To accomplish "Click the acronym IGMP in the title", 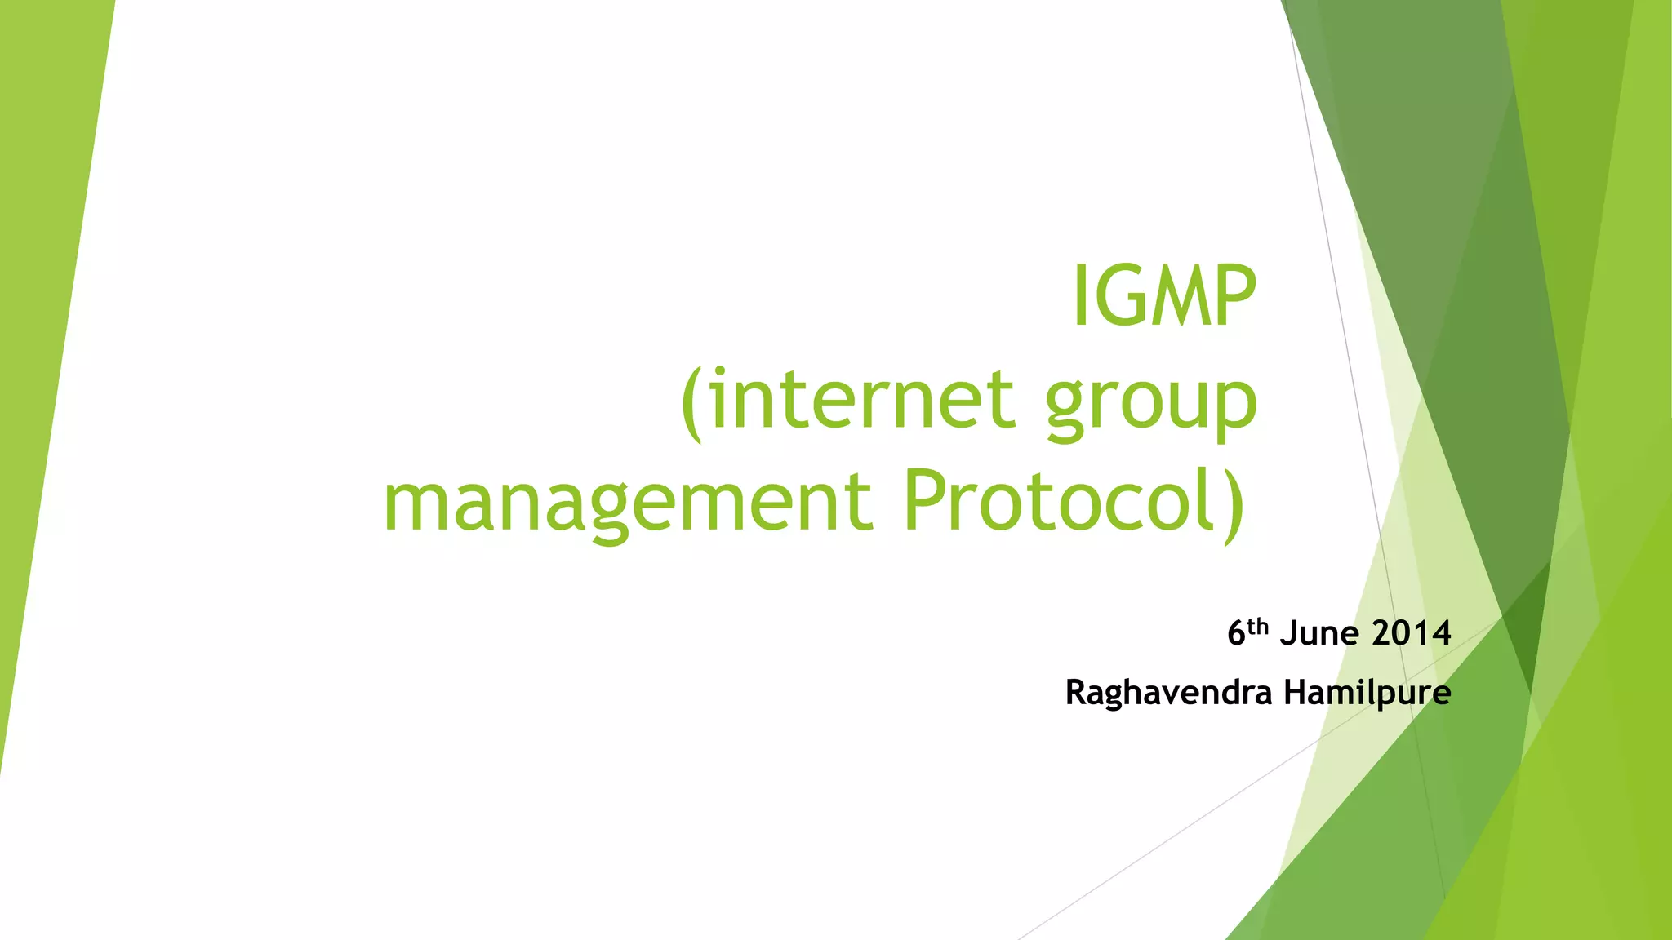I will pyautogui.click(x=1163, y=295).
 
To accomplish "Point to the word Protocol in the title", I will pyautogui.click(x=1058, y=499).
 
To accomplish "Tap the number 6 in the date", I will pyautogui.click(x=1237, y=634).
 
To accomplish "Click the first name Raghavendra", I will pyautogui.click(x=1169, y=694).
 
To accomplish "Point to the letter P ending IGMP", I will pyautogui.click(x=1233, y=295).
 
